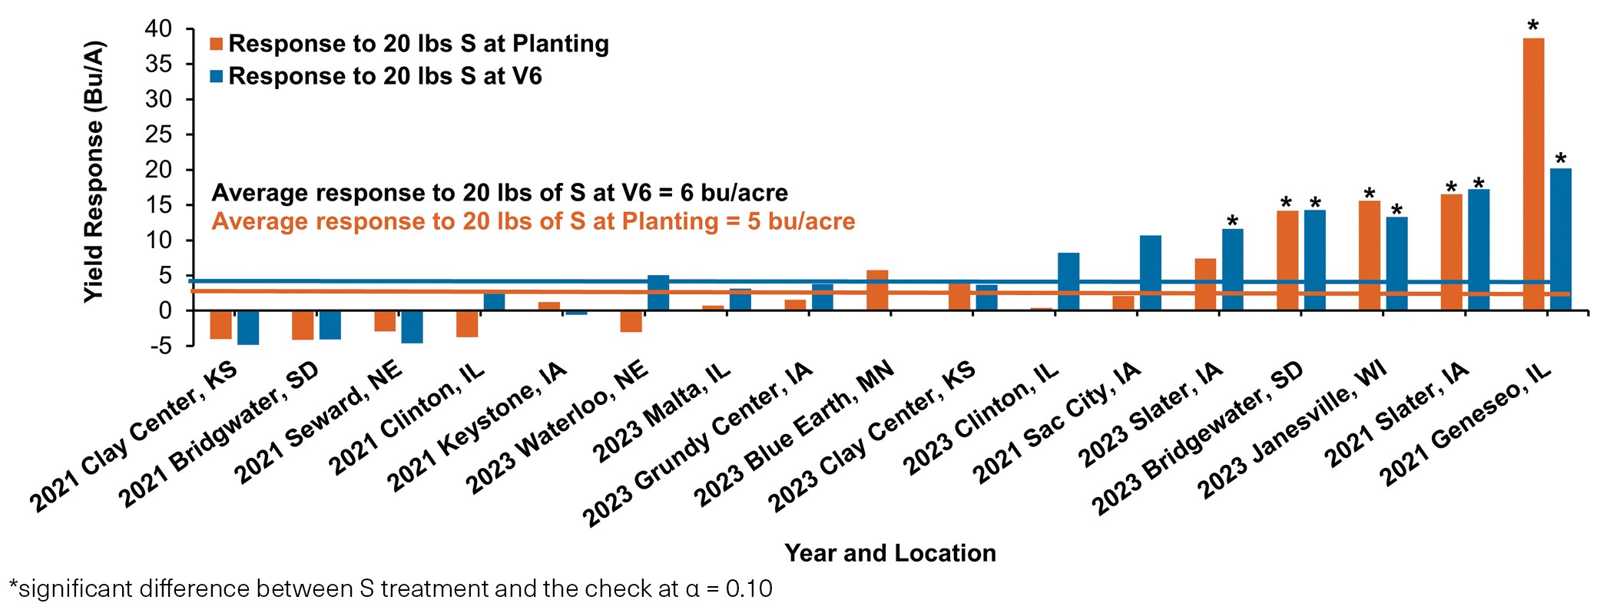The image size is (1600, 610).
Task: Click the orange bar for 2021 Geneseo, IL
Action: click(1533, 174)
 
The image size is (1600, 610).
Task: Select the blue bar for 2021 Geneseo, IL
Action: click(1560, 240)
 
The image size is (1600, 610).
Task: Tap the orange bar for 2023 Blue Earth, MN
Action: click(877, 290)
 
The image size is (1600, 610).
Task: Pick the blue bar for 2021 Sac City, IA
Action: click(1150, 273)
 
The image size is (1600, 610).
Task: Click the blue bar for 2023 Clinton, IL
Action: click(1068, 282)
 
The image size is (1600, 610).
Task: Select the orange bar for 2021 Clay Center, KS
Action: click(220, 324)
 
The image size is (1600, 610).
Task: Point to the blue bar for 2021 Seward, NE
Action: click(412, 327)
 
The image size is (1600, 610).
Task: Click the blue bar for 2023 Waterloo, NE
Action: click(658, 293)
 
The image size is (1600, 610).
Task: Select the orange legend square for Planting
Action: click(217, 44)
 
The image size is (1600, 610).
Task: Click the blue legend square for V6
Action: click(217, 76)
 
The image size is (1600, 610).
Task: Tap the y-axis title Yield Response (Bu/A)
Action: click(93, 171)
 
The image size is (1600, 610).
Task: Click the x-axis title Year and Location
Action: click(889, 553)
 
